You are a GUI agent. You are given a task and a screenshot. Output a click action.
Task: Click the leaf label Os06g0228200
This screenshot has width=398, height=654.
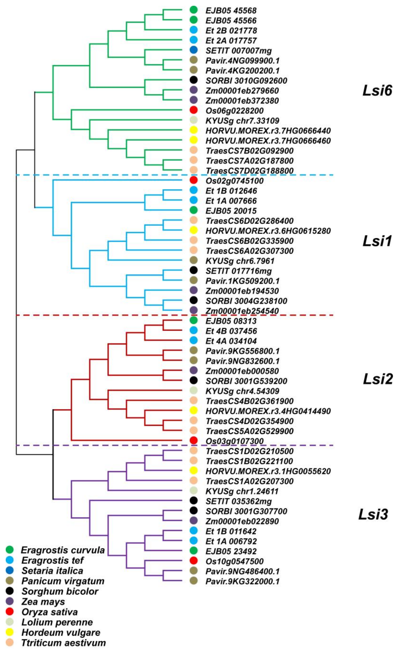[234, 111]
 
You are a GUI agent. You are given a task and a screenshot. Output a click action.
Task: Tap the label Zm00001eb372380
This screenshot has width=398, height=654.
[242, 101]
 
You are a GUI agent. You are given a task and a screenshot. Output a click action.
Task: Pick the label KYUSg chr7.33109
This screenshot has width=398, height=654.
[242, 121]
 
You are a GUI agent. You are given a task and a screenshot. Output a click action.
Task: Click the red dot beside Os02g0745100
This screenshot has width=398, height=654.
[194, 180]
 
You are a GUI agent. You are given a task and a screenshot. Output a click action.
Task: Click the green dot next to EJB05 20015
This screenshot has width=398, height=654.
[194, 211]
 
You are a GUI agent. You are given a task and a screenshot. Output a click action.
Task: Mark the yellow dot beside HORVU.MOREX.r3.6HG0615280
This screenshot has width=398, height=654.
[194, 230]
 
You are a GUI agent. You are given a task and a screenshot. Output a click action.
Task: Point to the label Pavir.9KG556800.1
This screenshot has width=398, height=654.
[242, 351]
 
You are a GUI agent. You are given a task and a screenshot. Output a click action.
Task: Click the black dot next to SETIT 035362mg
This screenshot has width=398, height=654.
[194, 501]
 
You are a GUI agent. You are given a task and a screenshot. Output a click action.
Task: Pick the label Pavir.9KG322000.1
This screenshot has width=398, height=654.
[242, 581]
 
